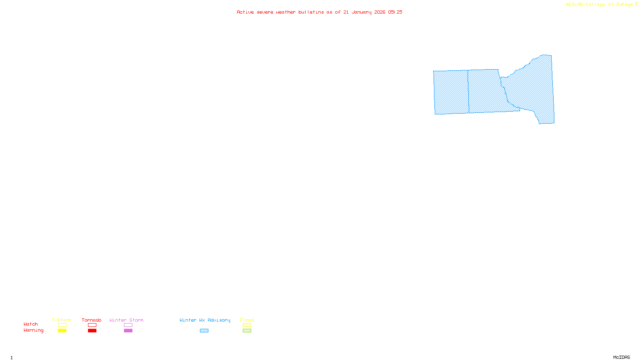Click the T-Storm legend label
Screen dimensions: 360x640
tap(62, 320)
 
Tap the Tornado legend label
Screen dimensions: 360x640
tap(92, 320)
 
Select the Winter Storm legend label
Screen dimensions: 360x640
tap(126, 320)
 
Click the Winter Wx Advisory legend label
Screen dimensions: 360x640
tap(205, 320)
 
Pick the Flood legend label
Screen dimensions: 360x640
tap(247, 320)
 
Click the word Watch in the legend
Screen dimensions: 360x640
tap(31, 324)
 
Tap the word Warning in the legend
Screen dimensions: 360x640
tap(34, 330)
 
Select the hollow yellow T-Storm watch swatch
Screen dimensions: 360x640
tap(62, 325)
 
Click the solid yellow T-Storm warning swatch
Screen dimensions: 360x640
tap(62, 331)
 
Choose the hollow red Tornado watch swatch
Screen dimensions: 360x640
tap(92, 325)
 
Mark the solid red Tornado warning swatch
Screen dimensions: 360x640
tap(92, 331)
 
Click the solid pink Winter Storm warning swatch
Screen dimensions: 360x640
tap(128, 331)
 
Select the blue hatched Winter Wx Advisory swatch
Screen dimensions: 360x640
tap(204, 331)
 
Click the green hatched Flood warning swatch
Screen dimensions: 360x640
tap(247, 331)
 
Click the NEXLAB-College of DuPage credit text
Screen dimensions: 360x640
tap(600, 5)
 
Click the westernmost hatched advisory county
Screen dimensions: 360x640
tap(451, 92)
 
